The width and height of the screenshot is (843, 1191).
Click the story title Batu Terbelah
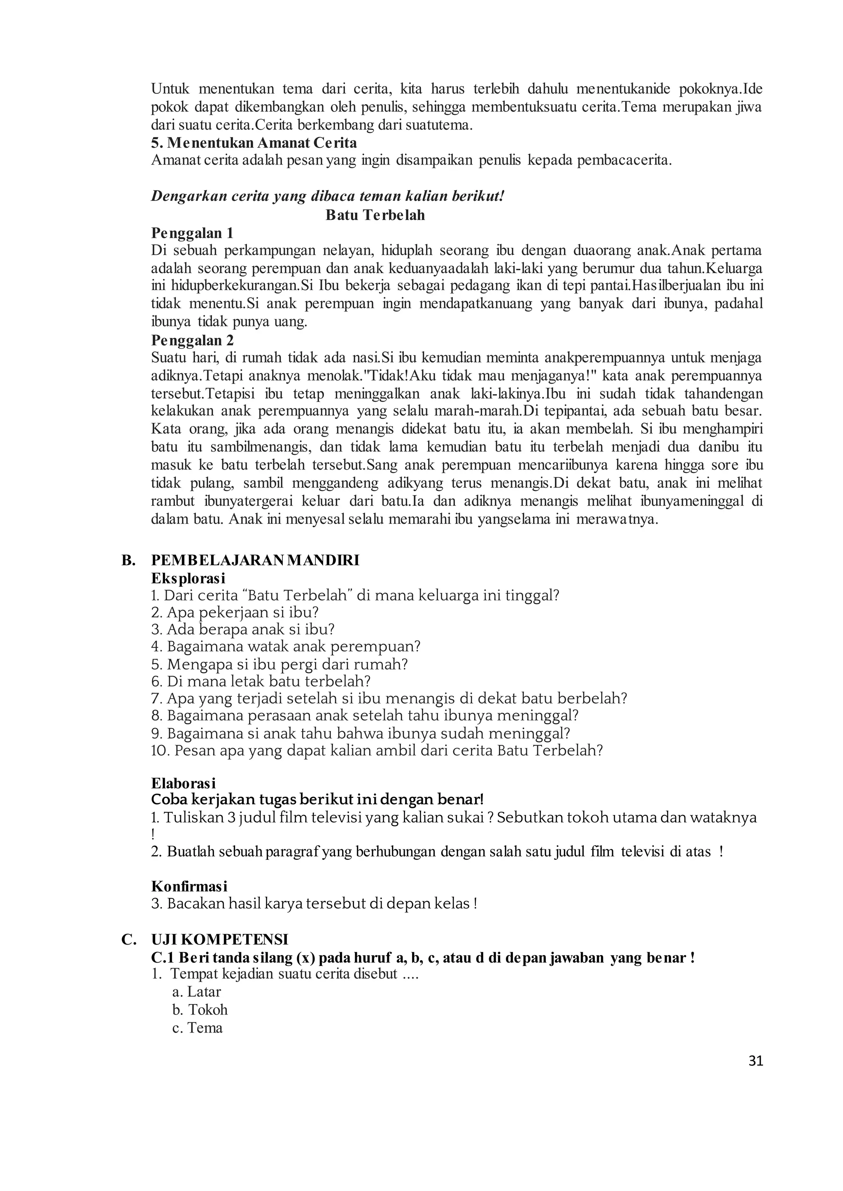coord(375,215)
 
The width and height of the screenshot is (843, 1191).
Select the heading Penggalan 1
coord(192,233)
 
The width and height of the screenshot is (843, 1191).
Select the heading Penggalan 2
coord(192,340)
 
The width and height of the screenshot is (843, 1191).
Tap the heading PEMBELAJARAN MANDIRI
coord(255,561)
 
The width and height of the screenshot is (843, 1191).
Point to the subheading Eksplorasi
coord(188,578)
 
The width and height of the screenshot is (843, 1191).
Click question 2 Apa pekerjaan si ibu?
coord(235,613)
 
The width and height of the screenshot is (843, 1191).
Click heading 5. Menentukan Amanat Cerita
coord(254,142)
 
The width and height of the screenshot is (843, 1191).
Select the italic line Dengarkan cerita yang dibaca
coord(327,197)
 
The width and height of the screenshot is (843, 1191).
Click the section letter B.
coord(128,561)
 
